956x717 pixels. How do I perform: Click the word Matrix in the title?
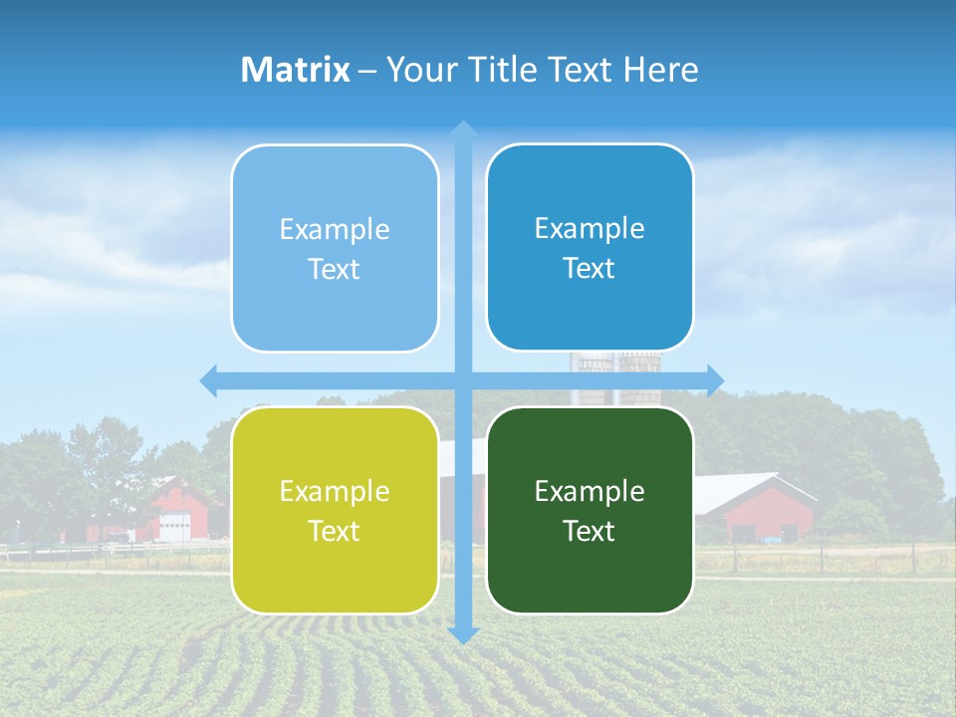296,70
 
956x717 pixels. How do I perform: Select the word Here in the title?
660,70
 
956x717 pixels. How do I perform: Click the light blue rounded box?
335,248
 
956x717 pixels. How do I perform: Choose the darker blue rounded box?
590,247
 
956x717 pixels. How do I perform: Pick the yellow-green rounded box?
335,510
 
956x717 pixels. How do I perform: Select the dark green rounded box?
590,510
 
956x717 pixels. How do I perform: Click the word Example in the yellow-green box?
335,491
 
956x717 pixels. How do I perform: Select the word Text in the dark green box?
590,531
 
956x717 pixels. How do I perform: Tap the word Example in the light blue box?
335,229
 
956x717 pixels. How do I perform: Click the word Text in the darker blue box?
590,268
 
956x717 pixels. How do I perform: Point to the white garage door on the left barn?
175,527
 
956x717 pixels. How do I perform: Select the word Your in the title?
418,70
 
